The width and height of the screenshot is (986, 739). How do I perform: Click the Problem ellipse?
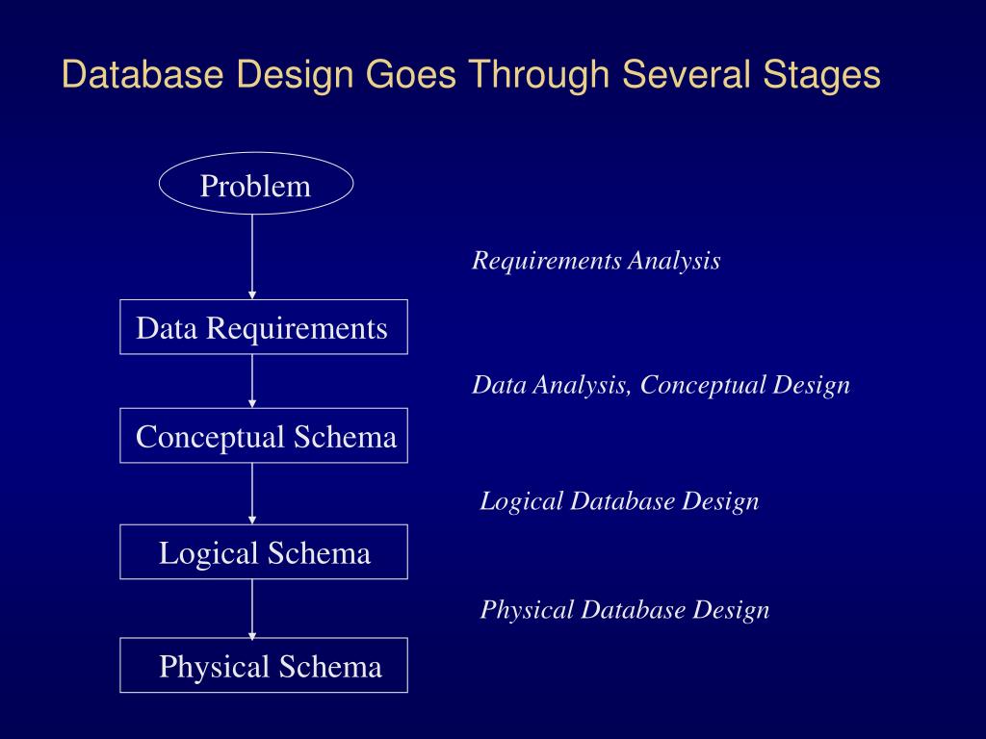point(255,185)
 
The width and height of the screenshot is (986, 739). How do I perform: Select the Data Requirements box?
point(263,327)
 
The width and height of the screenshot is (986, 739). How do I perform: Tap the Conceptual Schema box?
point(263,436)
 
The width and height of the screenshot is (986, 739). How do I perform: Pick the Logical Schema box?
point(263,552)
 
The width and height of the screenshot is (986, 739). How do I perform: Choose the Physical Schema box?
point(263,665)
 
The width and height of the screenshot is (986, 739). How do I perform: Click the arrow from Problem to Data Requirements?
point(252,255)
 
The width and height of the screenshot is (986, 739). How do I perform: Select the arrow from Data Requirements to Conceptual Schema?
point(252,380)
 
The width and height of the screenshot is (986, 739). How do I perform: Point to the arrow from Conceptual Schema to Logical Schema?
point(252,493)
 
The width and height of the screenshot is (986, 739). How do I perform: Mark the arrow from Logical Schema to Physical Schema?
point(252,607)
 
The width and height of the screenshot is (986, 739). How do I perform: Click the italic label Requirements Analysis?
point(596,261)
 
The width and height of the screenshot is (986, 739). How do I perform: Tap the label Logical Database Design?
point(619,501)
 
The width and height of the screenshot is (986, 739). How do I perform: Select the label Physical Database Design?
point(625,610)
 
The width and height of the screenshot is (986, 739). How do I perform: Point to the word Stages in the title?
point(826,74)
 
